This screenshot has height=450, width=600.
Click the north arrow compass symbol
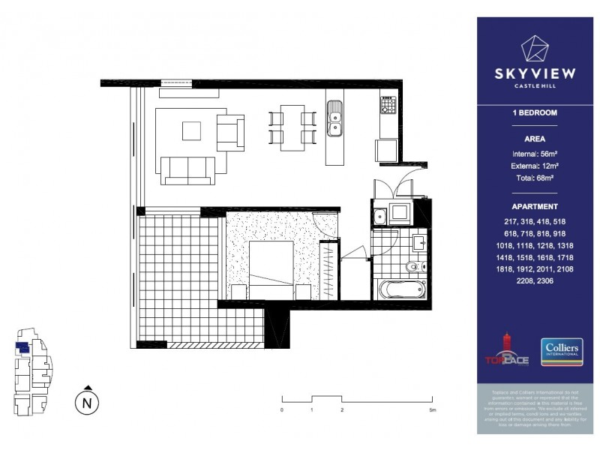pos(88,400)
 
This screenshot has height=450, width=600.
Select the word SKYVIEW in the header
pos(535,74)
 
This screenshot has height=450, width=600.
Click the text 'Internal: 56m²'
pos(535,153)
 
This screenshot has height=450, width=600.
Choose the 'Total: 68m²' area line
pos(535,178)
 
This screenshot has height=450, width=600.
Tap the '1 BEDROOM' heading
pos(535,113)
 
